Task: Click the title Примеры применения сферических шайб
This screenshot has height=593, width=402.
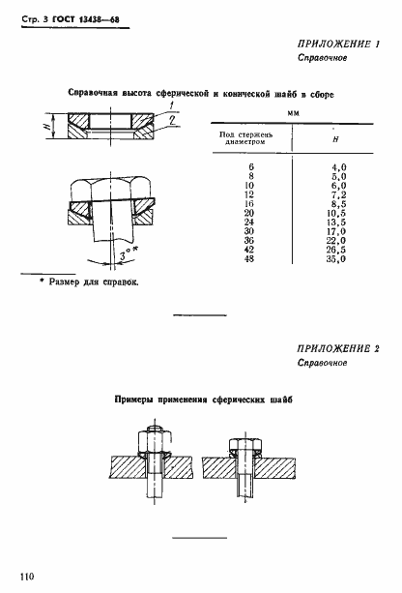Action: (x=202, y=398)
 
